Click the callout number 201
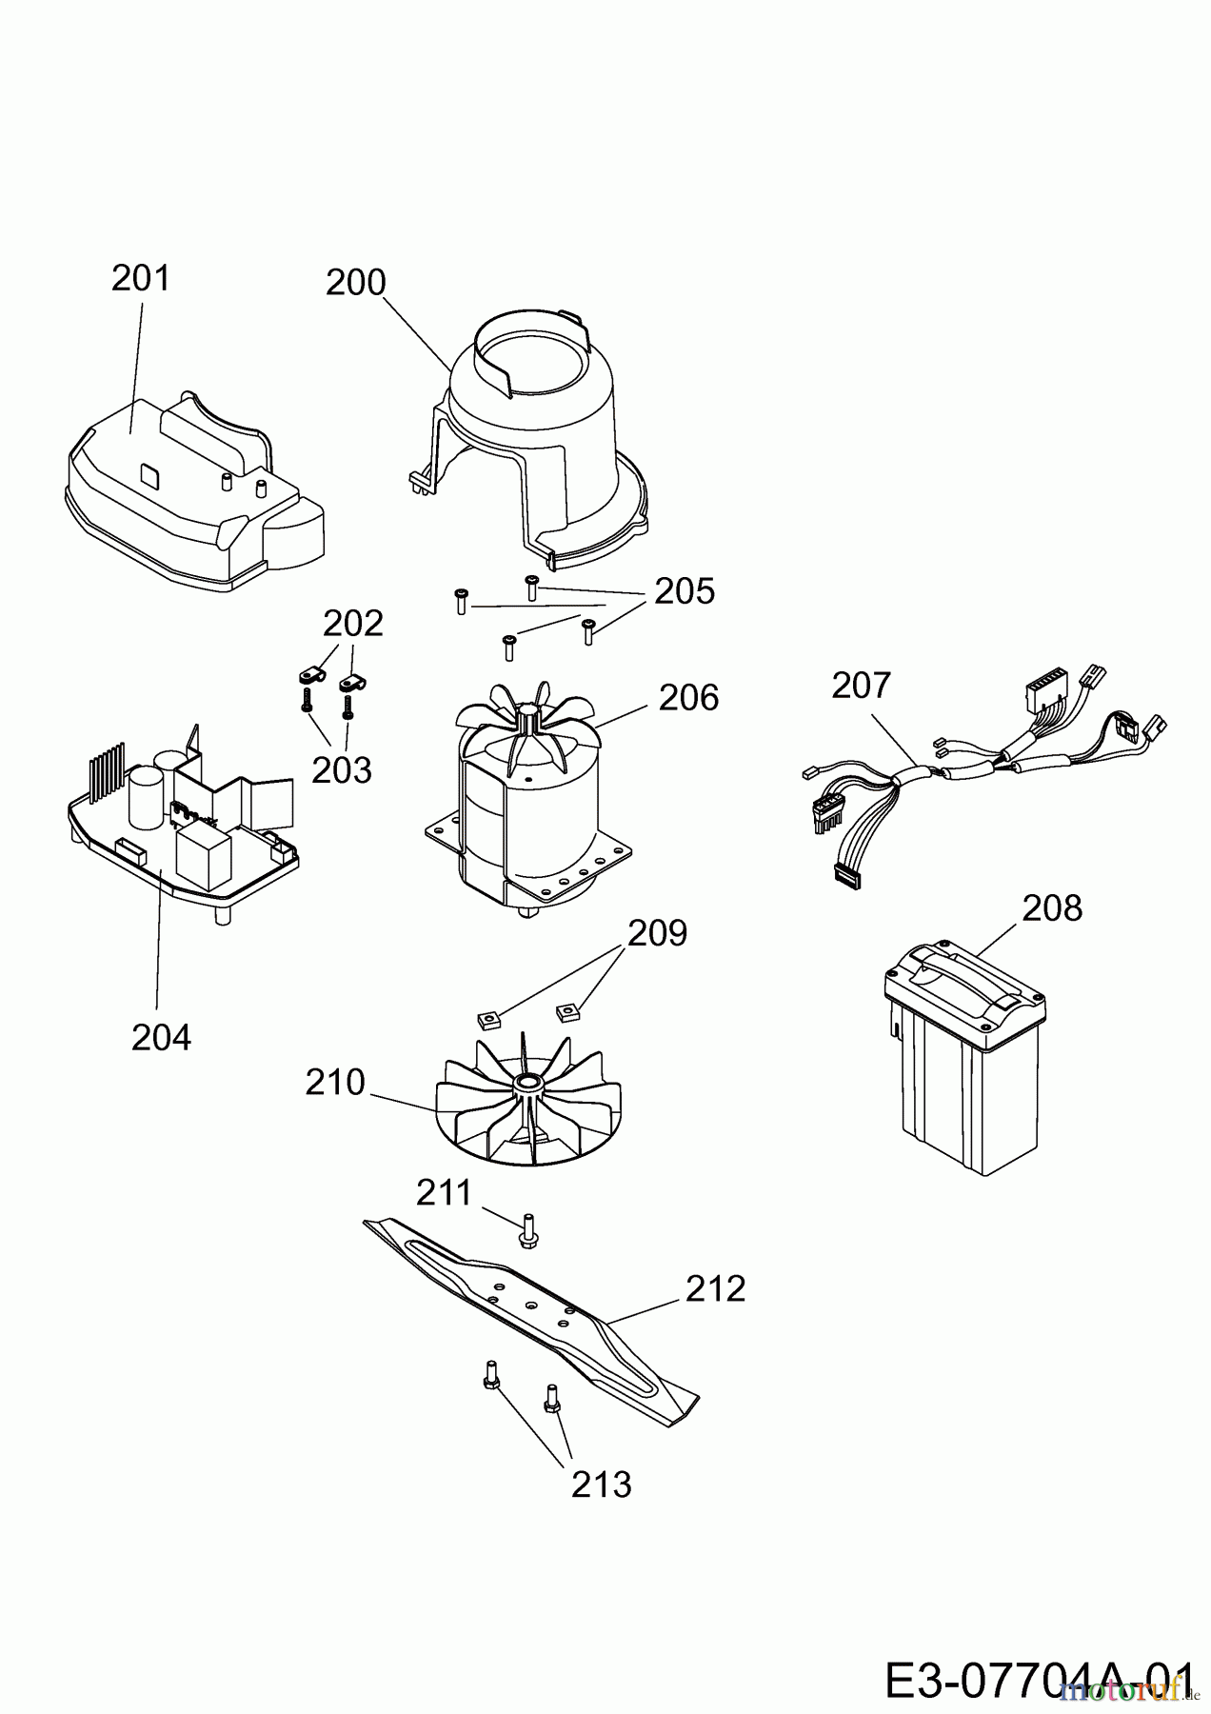click(x=141, y=278)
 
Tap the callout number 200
click(x=356, y=283)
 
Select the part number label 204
click(x=161, y=1037)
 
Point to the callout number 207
click(x=862, y=686)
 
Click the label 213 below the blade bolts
click(x=602, y=1485)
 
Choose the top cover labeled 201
click(x=194, y=490)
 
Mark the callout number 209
click(x=657, y=933)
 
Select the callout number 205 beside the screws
click(x=684, y=591)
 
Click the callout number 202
click(x=353, y=624)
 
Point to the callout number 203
click(x=342, y=769)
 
